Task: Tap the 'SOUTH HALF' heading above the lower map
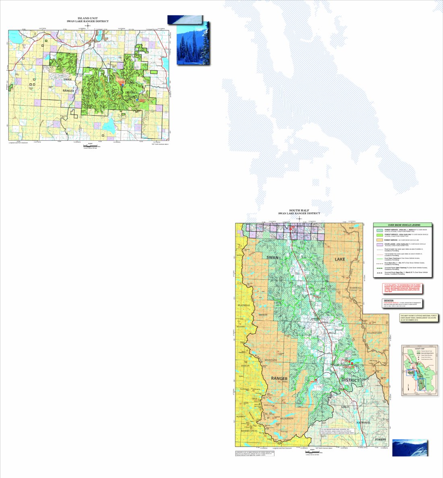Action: (299, 210)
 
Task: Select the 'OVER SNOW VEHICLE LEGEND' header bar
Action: (402, 225)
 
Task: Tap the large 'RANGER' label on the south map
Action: (279, 378)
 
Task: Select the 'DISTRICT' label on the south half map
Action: (350, 380)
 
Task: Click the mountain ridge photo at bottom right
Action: (410, 448)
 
